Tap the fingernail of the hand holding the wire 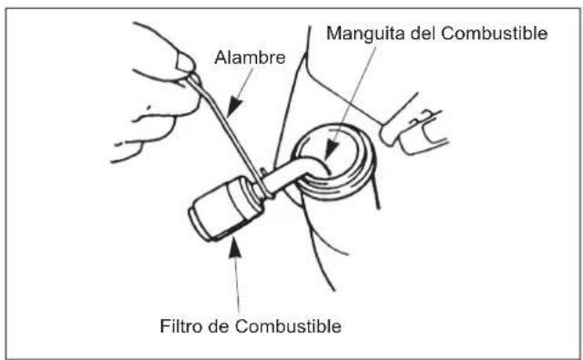(x=185, y=62)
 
